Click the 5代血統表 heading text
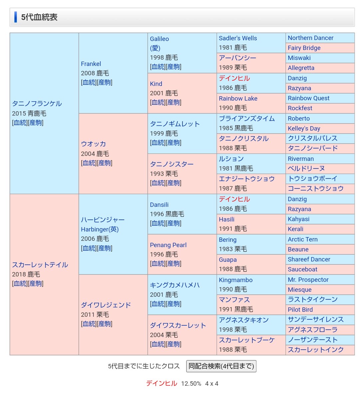39,17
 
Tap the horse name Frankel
91,64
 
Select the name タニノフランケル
37,104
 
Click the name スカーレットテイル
40,265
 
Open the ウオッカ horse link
93,144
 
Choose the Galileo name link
159,39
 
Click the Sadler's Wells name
238,38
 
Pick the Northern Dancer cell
310,38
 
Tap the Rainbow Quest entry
308,98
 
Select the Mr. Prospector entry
308,280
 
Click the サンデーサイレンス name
315,319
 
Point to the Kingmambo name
235,280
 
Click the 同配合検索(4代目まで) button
221,366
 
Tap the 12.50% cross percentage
191,384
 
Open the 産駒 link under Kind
174,103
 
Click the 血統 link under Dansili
158,223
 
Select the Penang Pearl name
168,245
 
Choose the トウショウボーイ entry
312,179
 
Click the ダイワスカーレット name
178,325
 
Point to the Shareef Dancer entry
309,259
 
